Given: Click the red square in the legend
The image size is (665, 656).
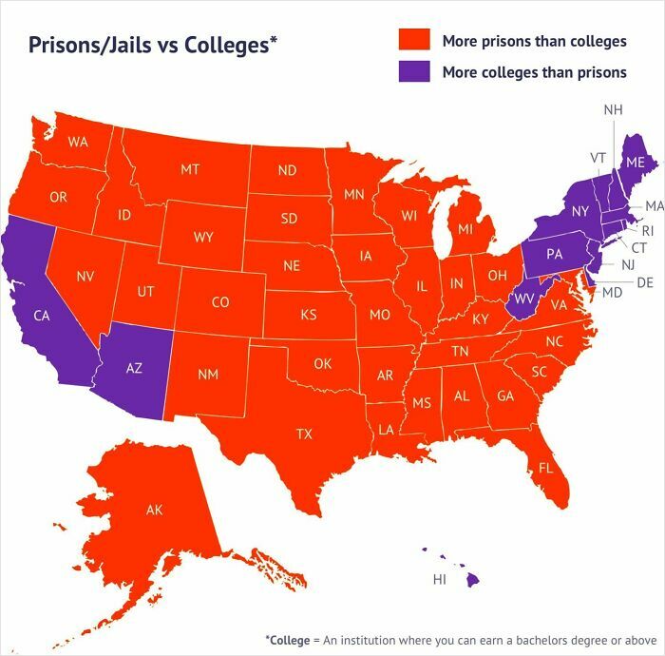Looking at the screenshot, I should tap(413, 40).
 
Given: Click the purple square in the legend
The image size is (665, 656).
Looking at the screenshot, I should tap(413, 71).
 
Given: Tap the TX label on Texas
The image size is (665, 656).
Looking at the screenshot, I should tap(304, 434).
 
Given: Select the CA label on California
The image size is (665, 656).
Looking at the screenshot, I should tap(42, 316).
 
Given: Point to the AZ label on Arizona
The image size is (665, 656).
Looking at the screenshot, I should tap(134, 368).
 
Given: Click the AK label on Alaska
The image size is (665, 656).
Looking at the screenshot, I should tap(155, 510).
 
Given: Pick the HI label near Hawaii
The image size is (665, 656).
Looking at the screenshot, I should tap(439, 578).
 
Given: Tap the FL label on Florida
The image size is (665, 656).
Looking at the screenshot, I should tap(546, 468).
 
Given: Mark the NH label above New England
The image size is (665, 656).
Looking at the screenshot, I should tap(613, 110).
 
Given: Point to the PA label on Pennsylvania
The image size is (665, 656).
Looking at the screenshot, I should tap(554, 255).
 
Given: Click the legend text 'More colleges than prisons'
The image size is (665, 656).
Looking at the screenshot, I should tap(534, 72).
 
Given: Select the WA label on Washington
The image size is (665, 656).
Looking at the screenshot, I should tap(78, 142).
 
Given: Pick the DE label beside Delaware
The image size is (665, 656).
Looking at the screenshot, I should tap(644, 281).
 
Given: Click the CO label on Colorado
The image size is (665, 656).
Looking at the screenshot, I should tap(219, 302).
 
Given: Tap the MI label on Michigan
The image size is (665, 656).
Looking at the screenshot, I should tap(465, 229).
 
